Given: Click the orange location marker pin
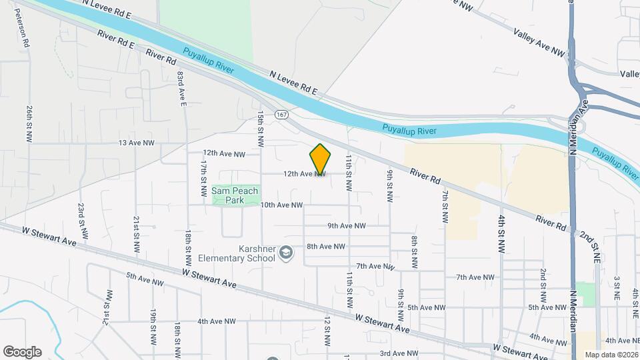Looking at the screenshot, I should (320, 160).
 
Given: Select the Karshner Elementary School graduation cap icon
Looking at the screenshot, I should (286, 252).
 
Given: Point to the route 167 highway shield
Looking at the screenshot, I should (282, 115).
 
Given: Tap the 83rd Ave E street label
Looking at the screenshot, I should (181, 89).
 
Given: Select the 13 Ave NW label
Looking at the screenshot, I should (136, 143).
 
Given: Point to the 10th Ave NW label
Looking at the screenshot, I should (281, 205).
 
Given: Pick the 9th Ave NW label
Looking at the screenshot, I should (348, 226).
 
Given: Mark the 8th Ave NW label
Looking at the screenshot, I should (326, 246).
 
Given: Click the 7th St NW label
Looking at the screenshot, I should (445, 207).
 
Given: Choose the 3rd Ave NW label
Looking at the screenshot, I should (399, 353).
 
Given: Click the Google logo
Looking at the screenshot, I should (22, 352).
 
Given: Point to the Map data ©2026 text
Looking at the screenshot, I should (611, 355).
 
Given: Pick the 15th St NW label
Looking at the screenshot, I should (261, 129).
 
